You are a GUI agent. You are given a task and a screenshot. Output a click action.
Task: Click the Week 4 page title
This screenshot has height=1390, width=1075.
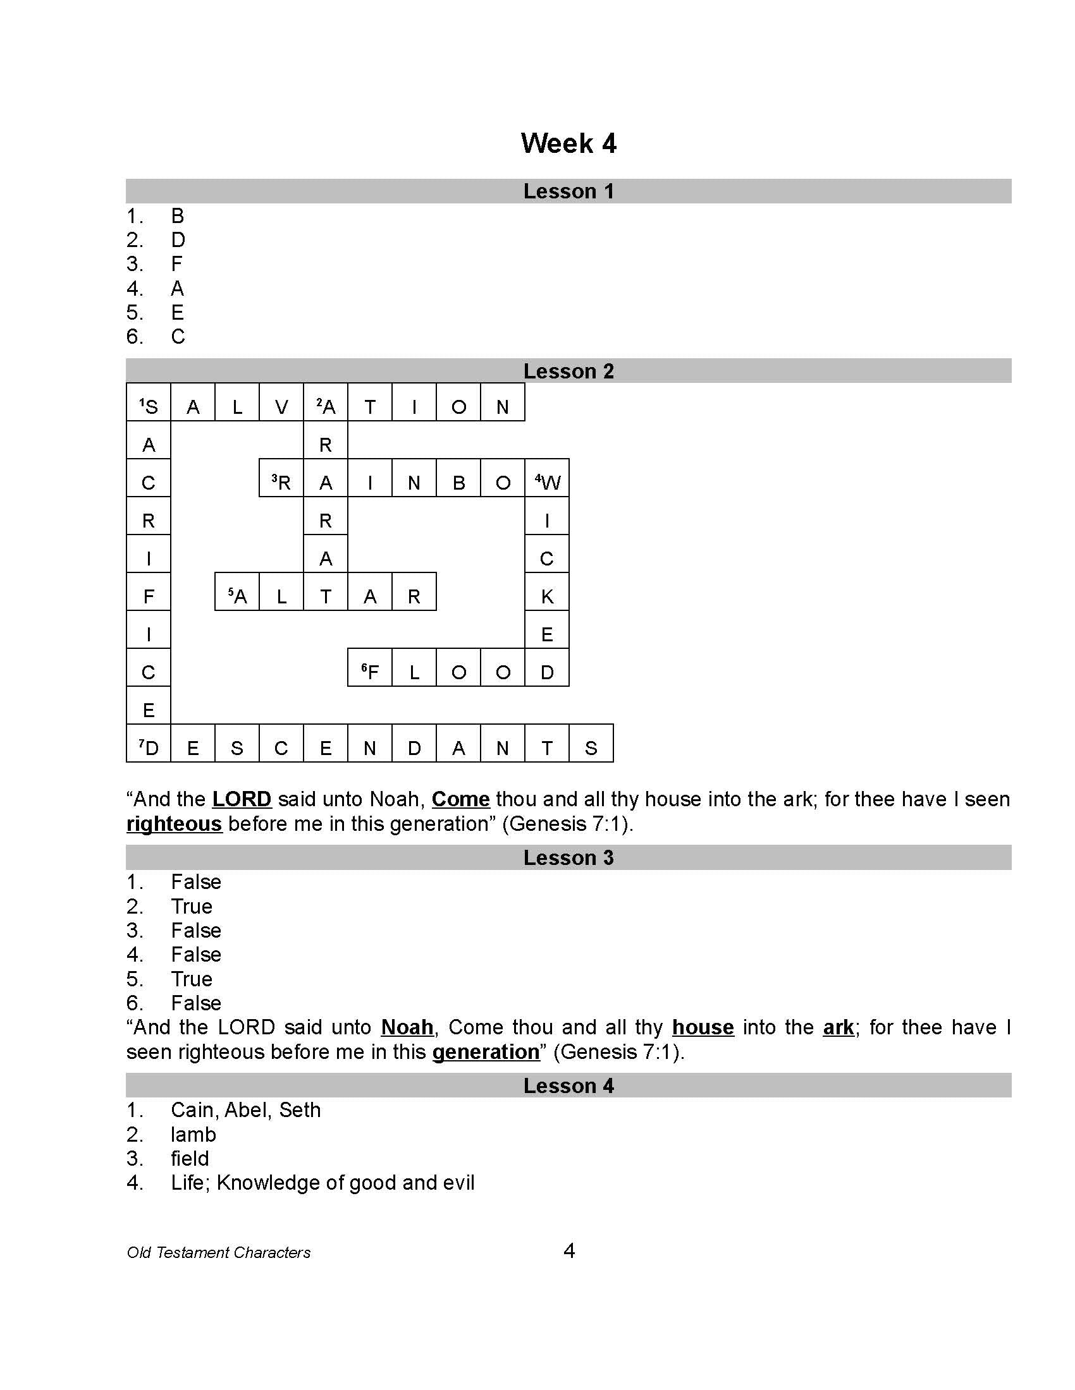(568, 143)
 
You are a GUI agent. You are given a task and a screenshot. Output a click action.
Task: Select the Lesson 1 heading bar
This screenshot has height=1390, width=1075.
(568, 191)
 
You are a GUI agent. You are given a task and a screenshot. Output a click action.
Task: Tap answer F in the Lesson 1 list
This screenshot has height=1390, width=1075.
(177, 263)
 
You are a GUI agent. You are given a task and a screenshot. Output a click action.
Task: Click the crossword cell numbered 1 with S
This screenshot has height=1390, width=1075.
(149, 406)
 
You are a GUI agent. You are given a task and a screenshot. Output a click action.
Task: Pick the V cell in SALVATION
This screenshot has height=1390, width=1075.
(281, 406)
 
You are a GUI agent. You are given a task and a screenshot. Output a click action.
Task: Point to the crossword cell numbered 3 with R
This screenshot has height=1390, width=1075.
(281, 482)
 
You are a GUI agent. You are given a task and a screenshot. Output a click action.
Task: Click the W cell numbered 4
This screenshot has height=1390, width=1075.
(547, 482)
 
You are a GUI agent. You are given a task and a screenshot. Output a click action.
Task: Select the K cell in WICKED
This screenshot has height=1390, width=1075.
(547, 596)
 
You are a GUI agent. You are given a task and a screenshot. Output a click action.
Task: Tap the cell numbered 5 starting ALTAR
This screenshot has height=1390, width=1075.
(237, 596)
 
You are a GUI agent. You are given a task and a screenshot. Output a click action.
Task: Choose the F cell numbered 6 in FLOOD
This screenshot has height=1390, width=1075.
(370, 672)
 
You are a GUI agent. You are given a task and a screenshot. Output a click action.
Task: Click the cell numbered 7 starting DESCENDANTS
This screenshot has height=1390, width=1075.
(149, 747)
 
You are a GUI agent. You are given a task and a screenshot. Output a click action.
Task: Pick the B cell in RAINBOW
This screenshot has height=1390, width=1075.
(458, 482)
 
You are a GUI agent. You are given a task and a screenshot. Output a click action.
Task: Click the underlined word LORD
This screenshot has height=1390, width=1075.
(242, 799)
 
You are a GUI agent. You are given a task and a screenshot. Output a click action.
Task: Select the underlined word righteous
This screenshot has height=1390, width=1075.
(174, 823)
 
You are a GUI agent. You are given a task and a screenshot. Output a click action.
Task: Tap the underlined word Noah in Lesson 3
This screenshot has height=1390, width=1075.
(407, 1027)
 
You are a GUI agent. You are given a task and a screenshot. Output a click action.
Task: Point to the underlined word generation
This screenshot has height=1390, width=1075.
(485, 1051)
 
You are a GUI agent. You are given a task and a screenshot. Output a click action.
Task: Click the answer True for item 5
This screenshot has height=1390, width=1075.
(191, 979)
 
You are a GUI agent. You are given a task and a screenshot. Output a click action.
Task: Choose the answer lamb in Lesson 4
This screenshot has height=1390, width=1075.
(193, 1134)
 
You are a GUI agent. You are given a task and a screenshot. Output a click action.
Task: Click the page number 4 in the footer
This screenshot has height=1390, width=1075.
(569, 1250)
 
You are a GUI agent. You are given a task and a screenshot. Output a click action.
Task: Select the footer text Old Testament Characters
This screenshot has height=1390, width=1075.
(218, 1252)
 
